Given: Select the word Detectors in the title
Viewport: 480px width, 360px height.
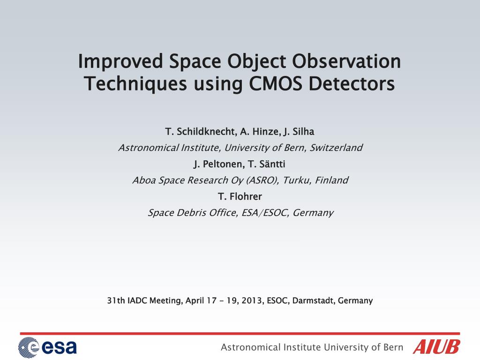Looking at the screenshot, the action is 352,83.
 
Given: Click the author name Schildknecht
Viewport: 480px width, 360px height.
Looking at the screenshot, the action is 206,132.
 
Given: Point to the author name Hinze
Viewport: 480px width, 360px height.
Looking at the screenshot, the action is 265,132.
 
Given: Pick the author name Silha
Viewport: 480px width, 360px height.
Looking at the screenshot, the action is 303,132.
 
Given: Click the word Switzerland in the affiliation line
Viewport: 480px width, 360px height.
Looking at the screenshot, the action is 336,148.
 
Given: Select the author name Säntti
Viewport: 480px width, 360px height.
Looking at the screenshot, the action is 272,164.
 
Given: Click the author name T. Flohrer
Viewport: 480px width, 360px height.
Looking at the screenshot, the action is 240,196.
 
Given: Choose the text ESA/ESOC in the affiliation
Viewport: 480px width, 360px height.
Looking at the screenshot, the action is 265,212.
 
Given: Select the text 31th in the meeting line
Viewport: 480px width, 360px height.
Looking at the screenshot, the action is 116,300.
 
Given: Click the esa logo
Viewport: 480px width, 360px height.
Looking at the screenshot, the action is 47,347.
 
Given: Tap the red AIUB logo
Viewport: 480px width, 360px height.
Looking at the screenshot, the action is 436,347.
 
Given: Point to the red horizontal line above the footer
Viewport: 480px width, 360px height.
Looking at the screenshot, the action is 240,333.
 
